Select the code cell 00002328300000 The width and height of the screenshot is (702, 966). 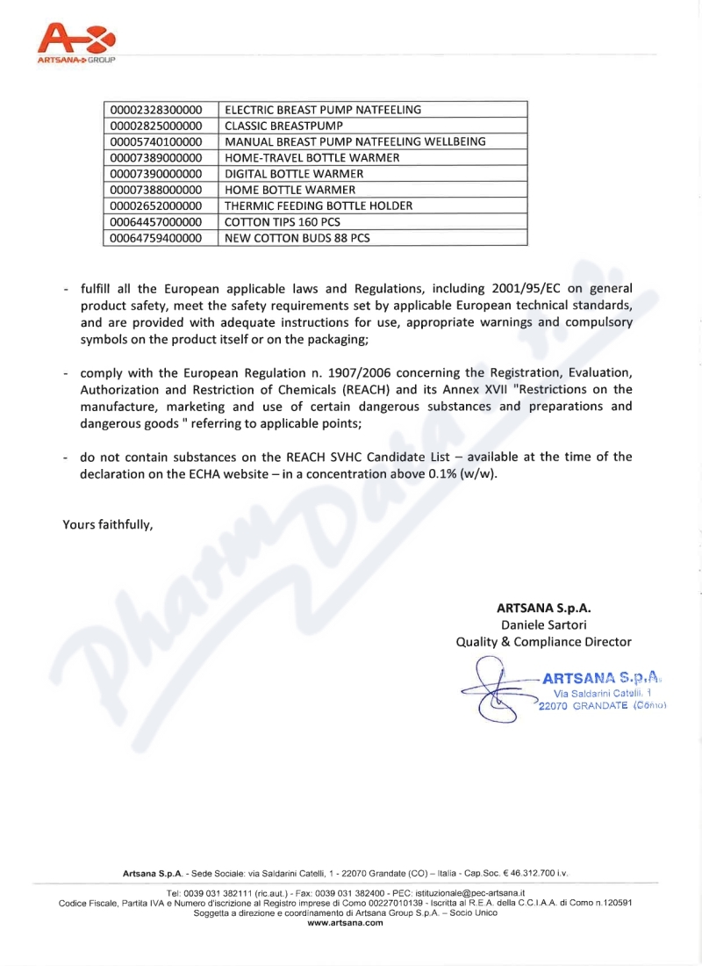click(x=161, y=110)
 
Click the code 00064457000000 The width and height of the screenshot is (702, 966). click(x=161, y=221)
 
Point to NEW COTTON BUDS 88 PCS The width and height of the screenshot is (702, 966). click(x=297, y=238)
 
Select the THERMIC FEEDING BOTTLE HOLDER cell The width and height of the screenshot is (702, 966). click(x=319, y=205)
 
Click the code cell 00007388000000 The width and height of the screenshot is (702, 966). click(x=161, y=190)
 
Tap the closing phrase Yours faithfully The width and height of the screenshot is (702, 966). click(x=108, y=525)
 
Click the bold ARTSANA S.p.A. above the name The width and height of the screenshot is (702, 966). click(x=544, y=607)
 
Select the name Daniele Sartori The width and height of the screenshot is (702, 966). click(x=544, y=624)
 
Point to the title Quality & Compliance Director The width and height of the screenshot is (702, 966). click(x=544, y=642)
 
